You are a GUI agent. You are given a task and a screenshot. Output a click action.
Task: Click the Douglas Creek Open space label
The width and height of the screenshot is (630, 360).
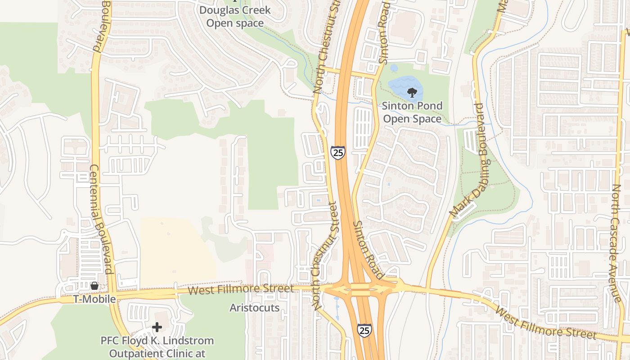point(235,16)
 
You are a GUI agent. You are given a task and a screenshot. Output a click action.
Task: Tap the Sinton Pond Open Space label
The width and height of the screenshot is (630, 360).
point(412,112)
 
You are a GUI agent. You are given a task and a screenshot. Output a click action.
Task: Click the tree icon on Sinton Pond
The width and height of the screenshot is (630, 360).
point(411,93)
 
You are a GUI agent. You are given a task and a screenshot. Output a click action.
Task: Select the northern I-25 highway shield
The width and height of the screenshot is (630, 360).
point(337,152)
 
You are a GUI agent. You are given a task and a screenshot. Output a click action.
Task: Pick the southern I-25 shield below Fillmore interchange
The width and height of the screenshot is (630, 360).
point(364,330)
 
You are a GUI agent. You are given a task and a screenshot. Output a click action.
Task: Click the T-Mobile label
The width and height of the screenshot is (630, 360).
point(95,299)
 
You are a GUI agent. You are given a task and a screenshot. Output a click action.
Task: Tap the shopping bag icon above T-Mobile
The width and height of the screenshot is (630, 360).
point(94,286)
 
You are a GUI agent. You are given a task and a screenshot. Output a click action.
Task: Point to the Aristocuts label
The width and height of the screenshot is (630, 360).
point(255,308)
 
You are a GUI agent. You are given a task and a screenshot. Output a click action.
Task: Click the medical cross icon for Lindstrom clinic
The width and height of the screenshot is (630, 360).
point(157,327)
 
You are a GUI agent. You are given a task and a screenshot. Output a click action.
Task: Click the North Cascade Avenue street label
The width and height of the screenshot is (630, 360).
point(616,243)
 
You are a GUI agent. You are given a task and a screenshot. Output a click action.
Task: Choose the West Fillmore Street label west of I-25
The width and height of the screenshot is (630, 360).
point(240,289)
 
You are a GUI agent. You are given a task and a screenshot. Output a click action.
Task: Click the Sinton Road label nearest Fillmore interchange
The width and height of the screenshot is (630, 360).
point(368,249)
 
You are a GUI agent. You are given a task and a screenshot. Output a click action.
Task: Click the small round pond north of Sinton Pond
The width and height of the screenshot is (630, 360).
point(394,68)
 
